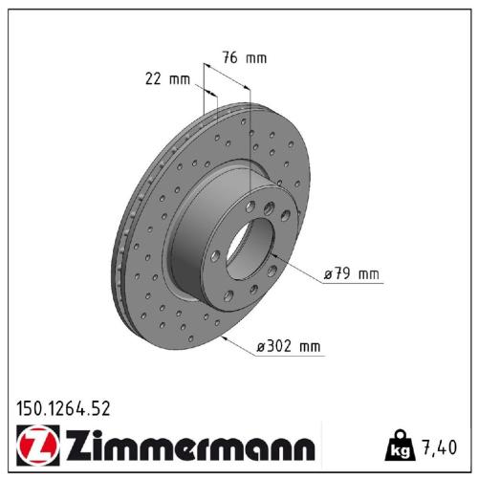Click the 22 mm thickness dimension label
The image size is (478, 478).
pos(163,78)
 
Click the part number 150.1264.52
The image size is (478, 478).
pos(63,408)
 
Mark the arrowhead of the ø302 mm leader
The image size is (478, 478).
pos(222,337)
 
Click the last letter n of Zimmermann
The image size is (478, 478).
pos(302,447)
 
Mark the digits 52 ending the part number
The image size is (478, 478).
pos(101,408)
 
